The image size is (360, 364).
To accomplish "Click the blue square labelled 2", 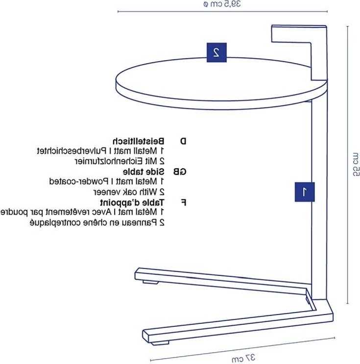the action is coord(216,52).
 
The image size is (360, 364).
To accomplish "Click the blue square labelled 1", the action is coord(305,192).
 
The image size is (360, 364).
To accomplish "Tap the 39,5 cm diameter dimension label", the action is coord(222,4).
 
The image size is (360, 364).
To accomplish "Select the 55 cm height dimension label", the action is coord(356,164).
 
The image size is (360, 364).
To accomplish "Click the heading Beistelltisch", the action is coord(138,141).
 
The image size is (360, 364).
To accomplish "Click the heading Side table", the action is coord(144,172).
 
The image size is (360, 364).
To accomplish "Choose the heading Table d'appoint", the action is coord(132,202).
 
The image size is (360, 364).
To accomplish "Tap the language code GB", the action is coord(180,172).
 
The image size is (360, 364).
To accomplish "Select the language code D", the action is coord(183,141).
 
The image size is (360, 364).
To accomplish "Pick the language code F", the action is coord(183,203).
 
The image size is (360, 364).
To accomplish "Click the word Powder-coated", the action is coord(79,181).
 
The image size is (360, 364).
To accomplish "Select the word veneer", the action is coord(106,192).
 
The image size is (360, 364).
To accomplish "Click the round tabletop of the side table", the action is coord(221,83).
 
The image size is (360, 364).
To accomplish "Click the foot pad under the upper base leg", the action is coord(151,282).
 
